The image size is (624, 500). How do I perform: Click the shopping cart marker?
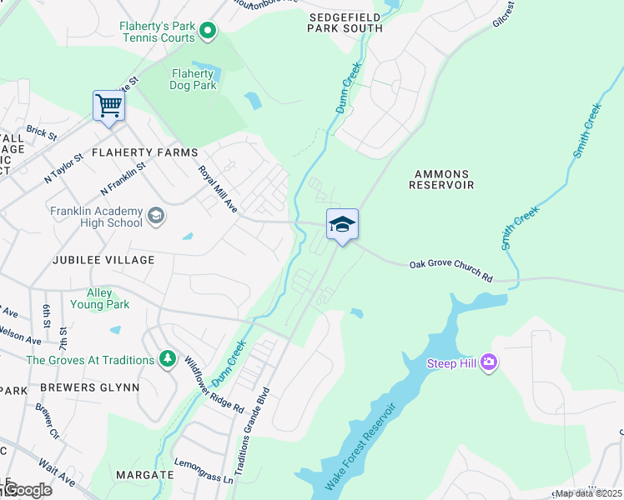point(108,107)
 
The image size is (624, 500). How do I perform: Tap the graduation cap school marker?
point(342,224)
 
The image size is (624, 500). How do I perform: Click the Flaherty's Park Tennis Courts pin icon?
point(209,32)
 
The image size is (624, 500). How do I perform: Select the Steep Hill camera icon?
point(489,362)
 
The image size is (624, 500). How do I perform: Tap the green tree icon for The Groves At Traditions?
point(168,359)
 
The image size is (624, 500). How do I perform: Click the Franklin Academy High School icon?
point(155,217)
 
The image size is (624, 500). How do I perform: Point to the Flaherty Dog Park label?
point(194,79)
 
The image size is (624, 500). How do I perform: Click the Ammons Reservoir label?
point(441,179)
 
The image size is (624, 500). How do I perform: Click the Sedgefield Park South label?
point(345,22)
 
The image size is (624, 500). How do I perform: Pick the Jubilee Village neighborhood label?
point(103,260)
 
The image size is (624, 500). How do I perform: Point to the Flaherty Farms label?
point(144,152)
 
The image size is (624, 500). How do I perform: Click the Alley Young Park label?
point(108,299)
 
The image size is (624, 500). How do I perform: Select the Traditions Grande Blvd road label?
point(252,432)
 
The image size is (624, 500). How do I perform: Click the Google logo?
point(27,490)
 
